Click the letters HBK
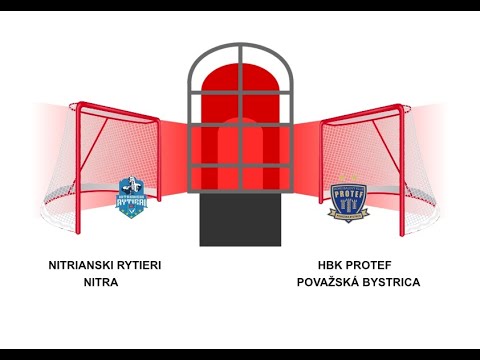tap(330, 266)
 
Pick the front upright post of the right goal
tap(322, 165)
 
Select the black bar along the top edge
tap(240, 5)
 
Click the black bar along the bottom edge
tap(240, 354)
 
